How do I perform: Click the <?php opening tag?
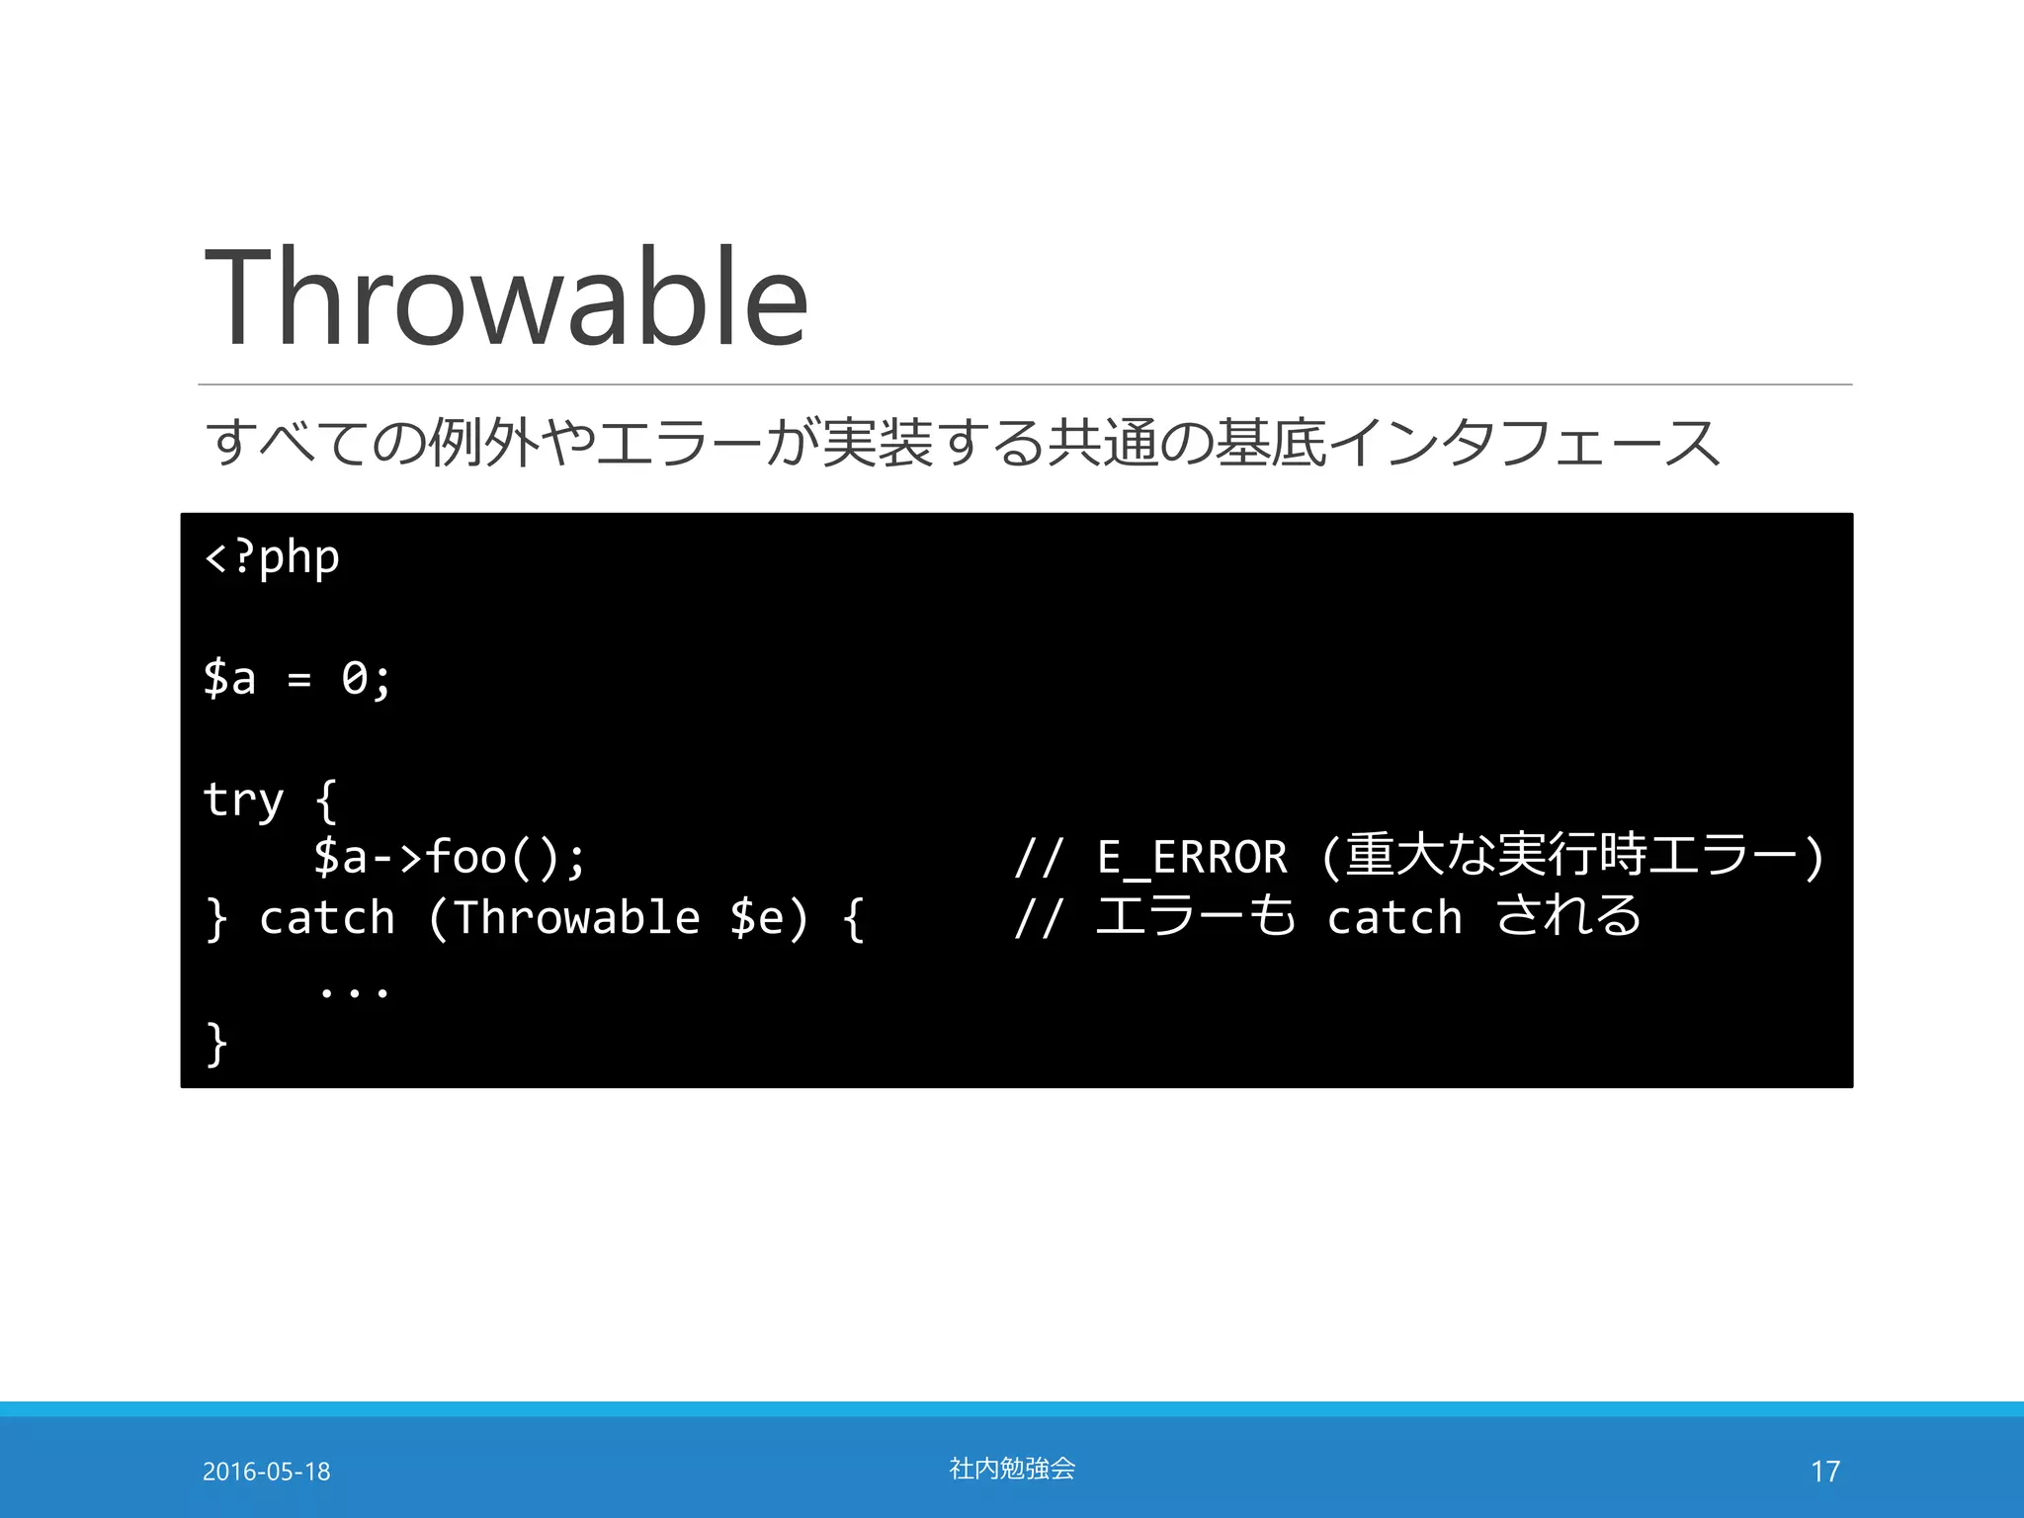click(x=272, y=558)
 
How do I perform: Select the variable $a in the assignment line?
click(x=229, y=679)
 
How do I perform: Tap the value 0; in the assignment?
click(x=366, y=679)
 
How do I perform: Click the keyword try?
click(x=243, y=800)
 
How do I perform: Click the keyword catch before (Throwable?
click(x=327, y=918)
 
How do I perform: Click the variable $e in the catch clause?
click(x=756, y=918)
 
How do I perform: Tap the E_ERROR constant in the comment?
click(x=1192, y=857)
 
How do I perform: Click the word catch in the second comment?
click(x=1393, y=918)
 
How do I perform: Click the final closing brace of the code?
click(x=216, y=1044)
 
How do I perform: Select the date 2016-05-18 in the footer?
click(x=266, y=1472)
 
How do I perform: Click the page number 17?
click(x=1824, y=1472)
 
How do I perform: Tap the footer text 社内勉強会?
click(x=1012, y=1469)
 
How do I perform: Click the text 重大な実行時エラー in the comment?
click(x=1571, y=855)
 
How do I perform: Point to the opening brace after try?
click(x=326, y=800)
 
